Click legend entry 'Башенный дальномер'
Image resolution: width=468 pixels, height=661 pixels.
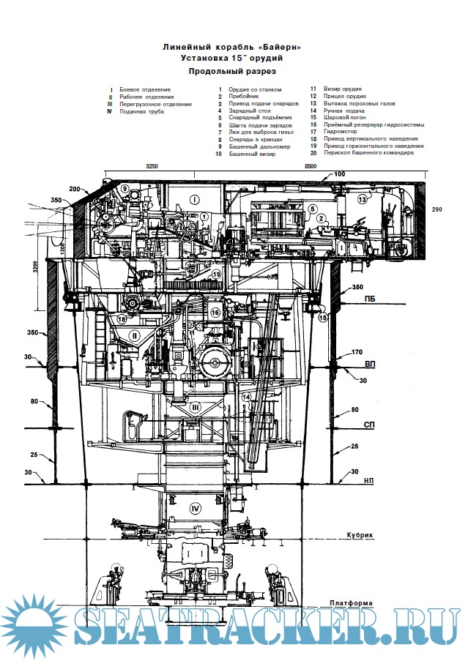(x=259, y=147)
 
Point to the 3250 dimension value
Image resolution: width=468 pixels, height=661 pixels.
(x=152, y=167)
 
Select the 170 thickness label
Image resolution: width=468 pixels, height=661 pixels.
(x=357, y=353)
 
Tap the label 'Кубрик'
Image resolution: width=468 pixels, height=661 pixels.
(x=360, y=535)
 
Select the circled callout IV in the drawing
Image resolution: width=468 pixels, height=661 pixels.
(x=195, y=508)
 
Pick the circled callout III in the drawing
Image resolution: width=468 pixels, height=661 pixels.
(x=195, y=407)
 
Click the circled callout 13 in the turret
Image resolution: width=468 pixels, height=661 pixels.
(x=363, y=199)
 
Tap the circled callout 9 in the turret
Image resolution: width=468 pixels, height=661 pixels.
(x=125, y=189)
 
